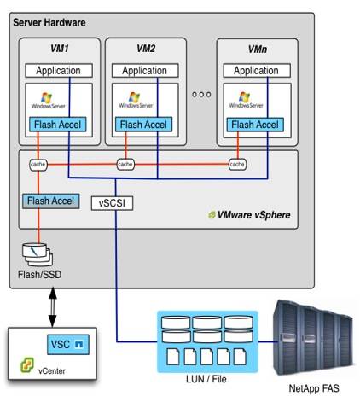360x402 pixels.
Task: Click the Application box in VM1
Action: click(x=59, y=70)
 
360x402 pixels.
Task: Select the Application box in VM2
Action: click(x=145, y=70)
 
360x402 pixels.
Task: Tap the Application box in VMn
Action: click(x=257, y=70)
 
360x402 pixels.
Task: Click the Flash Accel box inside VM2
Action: click(x=143, y=125)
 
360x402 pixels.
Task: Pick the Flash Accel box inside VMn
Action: click(x=255, y=125)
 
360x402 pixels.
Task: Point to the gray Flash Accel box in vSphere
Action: click(x=51, y=201)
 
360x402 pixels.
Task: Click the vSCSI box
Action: click(x=112, y=203)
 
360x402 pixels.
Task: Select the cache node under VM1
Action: click(x=38, y=165)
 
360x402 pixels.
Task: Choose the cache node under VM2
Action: click(x=125, y=165)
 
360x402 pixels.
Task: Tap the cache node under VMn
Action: click(x=237, y=165)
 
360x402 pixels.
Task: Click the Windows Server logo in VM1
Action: click(x=48, y=101)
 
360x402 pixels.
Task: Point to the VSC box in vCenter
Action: click(x=68, y=344)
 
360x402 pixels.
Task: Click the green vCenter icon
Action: click(x=27, y=365)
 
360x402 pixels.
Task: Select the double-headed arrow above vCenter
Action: click(x=53, y=307)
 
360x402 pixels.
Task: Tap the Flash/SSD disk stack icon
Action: click(x=38, y=254)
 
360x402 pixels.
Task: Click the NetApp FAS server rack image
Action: click(x=313, y=337)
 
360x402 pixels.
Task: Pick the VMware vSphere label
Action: click(x=250, y=215)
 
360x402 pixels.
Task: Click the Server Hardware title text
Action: click(x=49, y=23)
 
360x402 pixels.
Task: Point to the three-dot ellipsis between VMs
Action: click(x=201, y=94)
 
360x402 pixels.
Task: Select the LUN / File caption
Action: click(x=206, y=379)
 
